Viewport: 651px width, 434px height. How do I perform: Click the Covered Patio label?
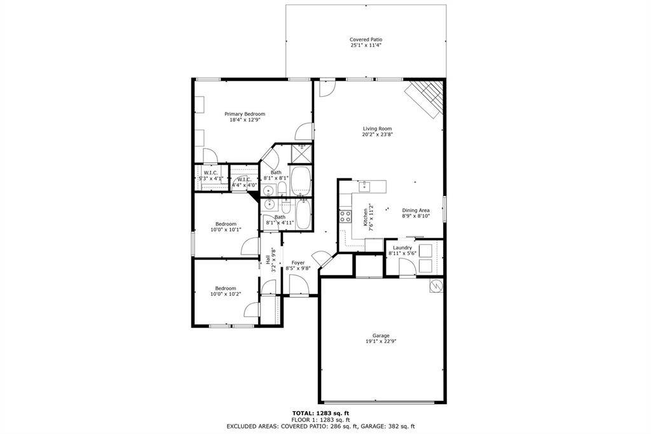click(x=366, y=39)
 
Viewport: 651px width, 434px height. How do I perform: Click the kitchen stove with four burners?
click(x=345, y=216)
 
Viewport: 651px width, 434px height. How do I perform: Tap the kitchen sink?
click(x=365, y=186)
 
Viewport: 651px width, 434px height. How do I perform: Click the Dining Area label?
click(x=415, y=210)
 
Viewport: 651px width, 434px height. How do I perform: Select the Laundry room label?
click(x=402, y=248)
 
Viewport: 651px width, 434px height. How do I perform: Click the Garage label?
click(x=381, y=335)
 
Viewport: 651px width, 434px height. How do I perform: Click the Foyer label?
click(x=298, y=262)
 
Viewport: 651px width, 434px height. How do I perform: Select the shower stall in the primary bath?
click(x=301, y=154)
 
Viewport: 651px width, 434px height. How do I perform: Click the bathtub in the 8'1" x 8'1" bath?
click(x=301, y=181)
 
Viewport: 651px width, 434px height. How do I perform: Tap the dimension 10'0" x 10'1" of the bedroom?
click(x=226, y=230)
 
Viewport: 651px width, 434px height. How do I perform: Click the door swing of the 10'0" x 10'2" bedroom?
click(x=252, y=311)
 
